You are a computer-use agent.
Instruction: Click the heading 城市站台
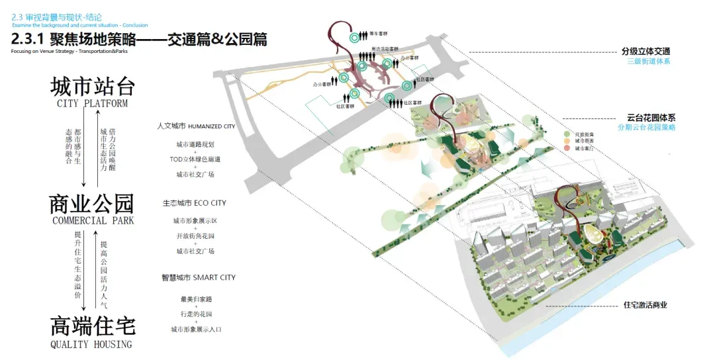point(93,87)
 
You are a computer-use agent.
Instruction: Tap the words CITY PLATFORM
point(93,104)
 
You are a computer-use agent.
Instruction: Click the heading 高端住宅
point(93,326)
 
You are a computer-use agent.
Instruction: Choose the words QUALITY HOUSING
point(91,344)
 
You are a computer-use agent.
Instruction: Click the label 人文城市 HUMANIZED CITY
point(196,126)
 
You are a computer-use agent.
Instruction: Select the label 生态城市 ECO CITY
point(195,202)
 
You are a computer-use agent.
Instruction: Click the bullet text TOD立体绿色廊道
point(195,159)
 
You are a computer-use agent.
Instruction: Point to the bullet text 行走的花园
point(195,314)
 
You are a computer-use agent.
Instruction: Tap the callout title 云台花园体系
point(651,117)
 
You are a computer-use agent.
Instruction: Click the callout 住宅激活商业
point(645,305)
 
